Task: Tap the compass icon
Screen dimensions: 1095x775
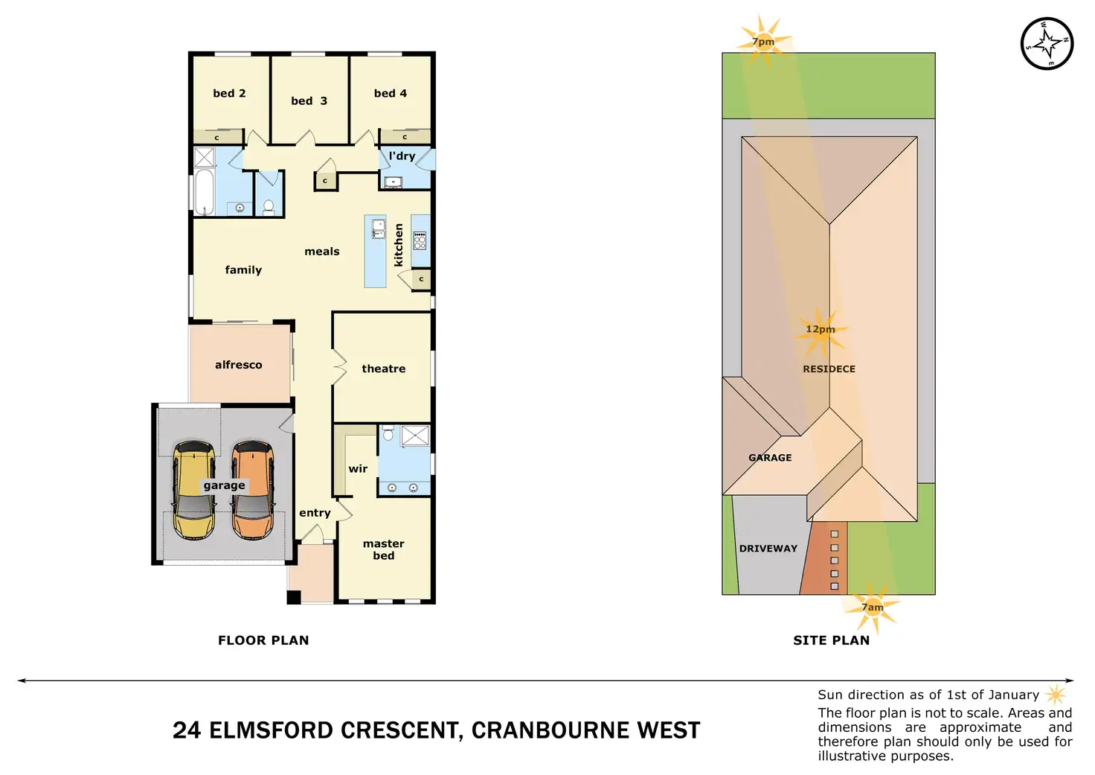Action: click(x=1047, y=44)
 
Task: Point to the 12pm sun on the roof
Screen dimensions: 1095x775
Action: click(x=820, y=332)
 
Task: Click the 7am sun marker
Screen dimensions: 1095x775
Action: click(x=873, y=607)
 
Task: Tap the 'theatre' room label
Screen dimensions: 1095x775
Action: click(x=384, y=369)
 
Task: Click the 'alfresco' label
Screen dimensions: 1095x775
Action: click(x=238, y=365)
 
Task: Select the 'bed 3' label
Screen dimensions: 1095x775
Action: click(x=309, y=101)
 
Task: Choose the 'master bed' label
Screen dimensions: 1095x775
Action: click(x=384, y=549)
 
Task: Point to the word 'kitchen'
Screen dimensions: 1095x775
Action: click(x=399, y=245)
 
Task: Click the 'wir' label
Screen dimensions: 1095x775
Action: click(x=358, y=469)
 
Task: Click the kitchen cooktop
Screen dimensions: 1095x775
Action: click(x=420, y=240)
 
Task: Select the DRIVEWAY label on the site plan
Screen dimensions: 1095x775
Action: click(x=768, y=549)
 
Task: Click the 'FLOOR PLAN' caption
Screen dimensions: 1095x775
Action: click(x=263, y=640)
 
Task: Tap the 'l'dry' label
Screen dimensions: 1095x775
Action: click(x=402, y=156)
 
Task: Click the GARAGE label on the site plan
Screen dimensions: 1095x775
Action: click(x=770, y=458)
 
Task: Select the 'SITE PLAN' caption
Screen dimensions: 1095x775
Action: click(x=831, y=640)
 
